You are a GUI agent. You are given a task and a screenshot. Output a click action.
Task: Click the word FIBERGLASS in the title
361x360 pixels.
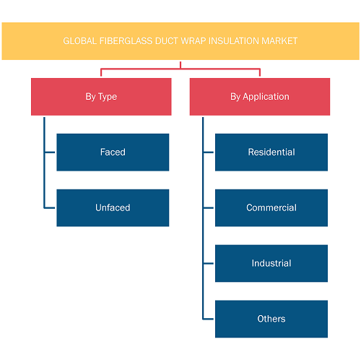coord(126,41)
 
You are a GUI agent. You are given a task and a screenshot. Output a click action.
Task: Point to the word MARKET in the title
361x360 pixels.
coord(279,41)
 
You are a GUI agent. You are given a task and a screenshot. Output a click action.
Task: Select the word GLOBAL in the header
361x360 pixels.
coord(80,41)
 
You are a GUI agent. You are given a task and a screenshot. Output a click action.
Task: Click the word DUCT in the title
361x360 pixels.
coord(167,41)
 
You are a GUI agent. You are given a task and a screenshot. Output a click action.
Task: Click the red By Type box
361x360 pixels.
coord(101,97)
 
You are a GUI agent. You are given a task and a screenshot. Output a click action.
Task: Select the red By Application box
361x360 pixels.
coord(260,97)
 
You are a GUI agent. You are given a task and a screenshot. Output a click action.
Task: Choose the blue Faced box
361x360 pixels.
coord(113,153)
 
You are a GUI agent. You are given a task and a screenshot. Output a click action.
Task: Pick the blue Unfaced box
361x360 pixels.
coord(113,207)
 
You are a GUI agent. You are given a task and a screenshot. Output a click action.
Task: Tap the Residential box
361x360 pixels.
coord(271,153)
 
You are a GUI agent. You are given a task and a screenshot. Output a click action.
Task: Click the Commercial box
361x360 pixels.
coord(271,207)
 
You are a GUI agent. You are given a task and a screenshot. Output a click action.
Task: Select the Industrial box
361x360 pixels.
coord(271,263)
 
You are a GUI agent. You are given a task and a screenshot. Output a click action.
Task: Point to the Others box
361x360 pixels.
coord(271,319)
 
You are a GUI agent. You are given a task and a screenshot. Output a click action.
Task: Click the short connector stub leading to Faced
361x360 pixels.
coord(50,153)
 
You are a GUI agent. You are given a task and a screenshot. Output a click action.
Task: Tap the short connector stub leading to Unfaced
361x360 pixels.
coord(50,207)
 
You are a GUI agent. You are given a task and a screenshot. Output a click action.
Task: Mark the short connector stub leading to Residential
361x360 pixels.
coord(209,153)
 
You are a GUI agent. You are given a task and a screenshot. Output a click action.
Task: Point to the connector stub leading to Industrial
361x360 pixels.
coord(209,263)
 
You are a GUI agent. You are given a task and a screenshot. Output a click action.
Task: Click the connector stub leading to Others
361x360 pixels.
coord(209,319)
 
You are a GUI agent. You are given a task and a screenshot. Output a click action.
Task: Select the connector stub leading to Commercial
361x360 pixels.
coord(209,207)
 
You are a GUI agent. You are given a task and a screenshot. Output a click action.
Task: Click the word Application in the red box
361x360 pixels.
coord(266,97)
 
